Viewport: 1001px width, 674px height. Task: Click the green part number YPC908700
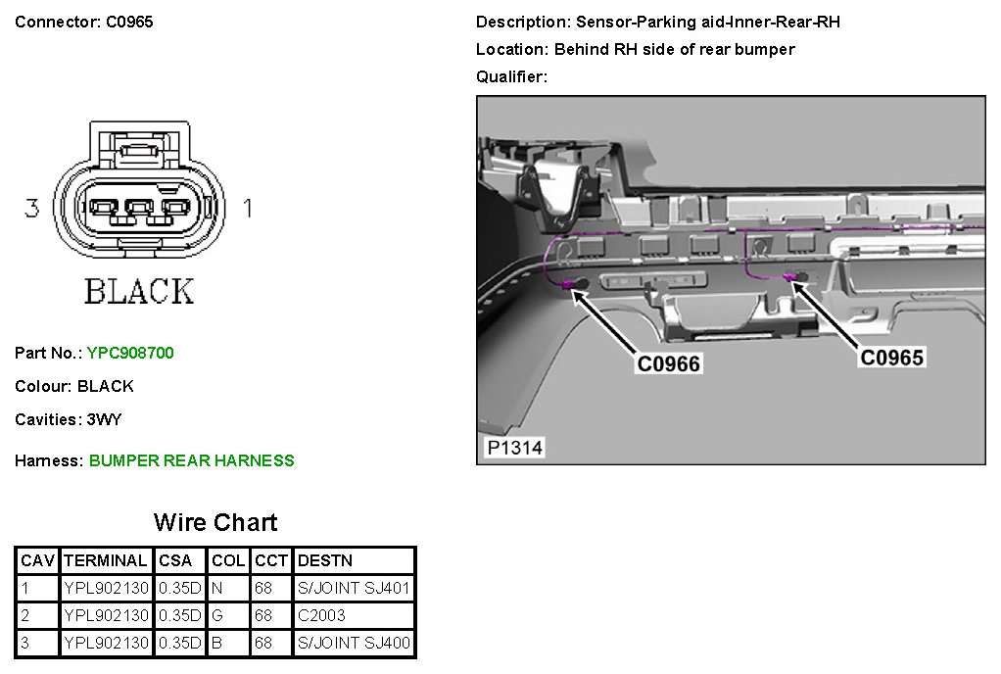coord(130,353)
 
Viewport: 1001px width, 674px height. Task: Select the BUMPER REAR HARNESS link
coord(191,460)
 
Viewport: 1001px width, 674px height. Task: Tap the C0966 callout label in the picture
coord(669,364)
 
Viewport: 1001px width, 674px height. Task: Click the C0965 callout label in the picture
coord(891,358)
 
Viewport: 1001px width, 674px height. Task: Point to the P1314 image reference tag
coord(514,449)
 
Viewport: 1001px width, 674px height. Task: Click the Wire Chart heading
coord(215,522)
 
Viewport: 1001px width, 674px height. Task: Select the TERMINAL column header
coord(105,560)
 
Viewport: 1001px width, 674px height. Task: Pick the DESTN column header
coord(324,560)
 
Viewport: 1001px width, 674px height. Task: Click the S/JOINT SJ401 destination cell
coord(354,589)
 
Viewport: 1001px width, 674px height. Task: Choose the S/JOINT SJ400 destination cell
coord(354,644)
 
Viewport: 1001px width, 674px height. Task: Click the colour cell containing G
coord(217,616)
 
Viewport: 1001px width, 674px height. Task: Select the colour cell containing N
coord(217,589)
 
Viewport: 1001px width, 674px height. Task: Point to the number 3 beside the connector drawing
coord(32,208)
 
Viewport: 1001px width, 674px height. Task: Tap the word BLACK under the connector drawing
coord(138,291)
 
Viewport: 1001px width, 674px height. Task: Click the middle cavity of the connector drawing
coord(138,209)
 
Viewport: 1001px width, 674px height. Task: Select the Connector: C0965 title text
coord(84,22)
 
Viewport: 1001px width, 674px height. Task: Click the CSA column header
coord(175,560)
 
